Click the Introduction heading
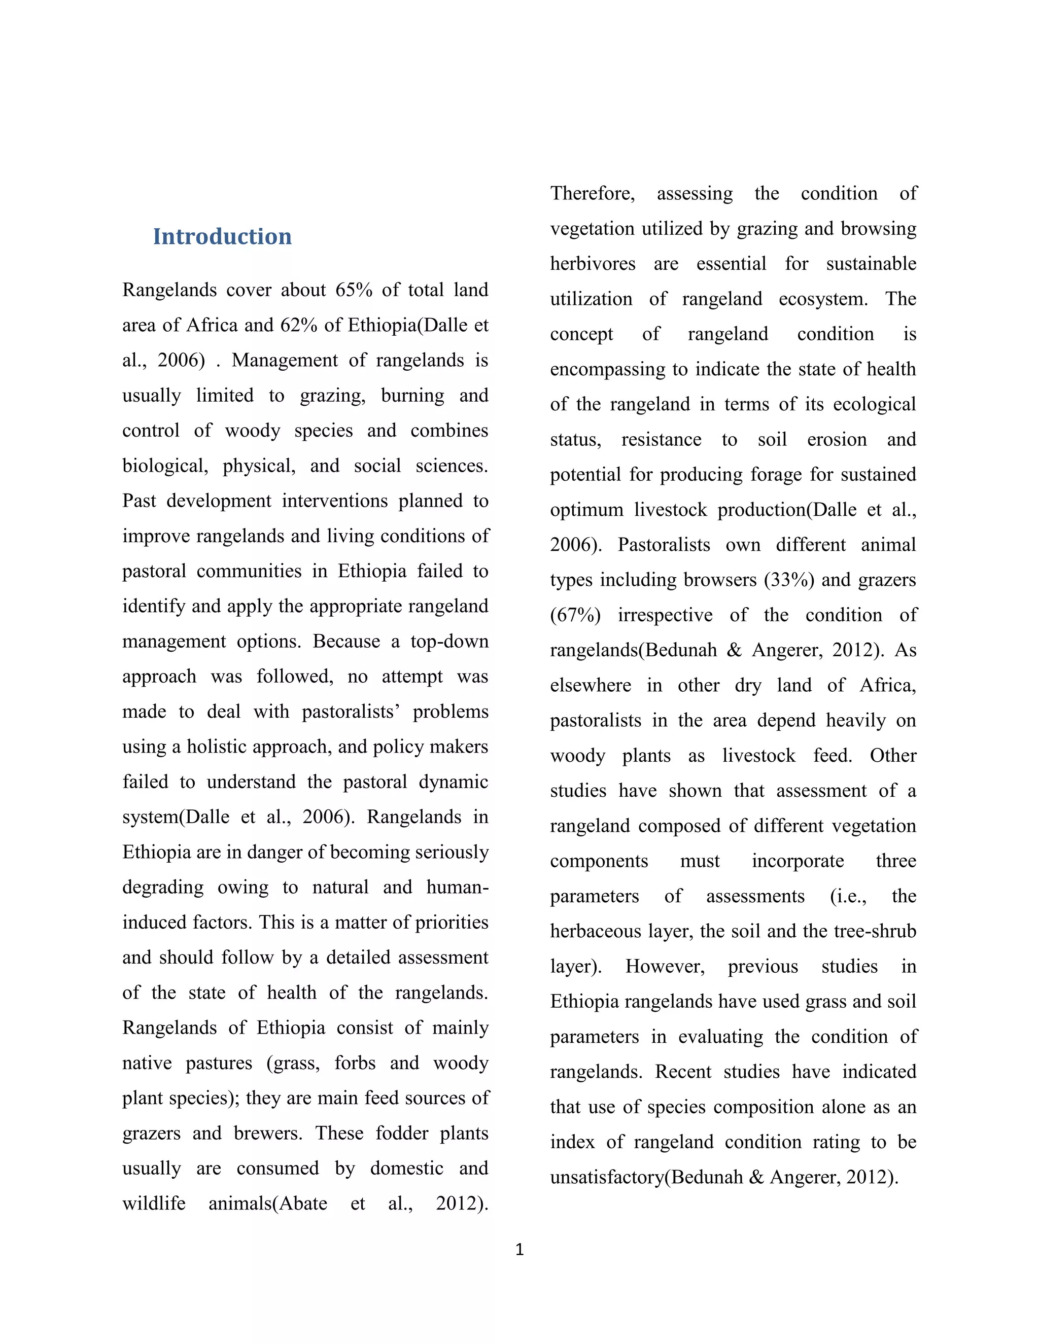(222, 237)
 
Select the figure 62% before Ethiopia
(298, 325)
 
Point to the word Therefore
(592, 193)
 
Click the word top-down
(449, 641)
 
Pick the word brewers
(268, 1133)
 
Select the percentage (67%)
(575, 615)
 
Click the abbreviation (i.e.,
(848, 896)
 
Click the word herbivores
(593, 263)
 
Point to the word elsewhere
(591, 685)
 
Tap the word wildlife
(154, 1203)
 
